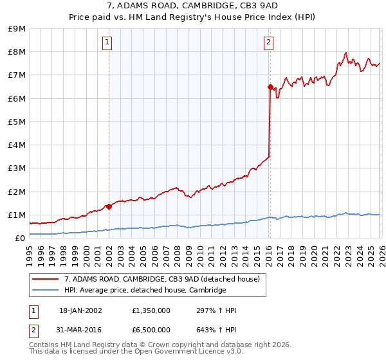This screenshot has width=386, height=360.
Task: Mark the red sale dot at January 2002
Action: click(109, 206)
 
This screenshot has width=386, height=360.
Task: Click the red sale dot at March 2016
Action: click(270, 87)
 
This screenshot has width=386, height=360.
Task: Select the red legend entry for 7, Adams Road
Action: click(161, 279)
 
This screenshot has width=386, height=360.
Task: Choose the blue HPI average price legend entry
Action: click(145, 290)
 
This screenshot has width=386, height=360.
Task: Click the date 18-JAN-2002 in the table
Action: click(81, 310)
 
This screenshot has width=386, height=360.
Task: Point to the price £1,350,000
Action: click(151, 310)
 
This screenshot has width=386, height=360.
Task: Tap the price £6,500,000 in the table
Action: click(151, 329)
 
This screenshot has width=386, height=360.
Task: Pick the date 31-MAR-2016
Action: click(81, 329)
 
